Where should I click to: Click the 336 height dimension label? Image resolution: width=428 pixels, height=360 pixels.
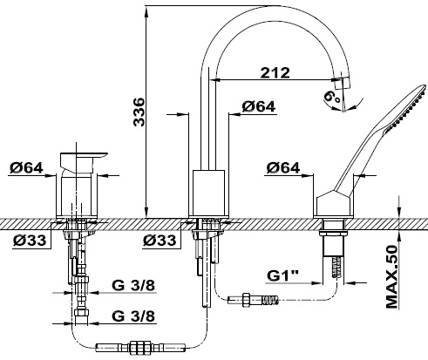(x=139, y=112)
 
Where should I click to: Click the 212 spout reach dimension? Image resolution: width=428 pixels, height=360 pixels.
(x=275, y=72)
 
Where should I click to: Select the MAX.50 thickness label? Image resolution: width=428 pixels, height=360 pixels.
(x=391, y=277)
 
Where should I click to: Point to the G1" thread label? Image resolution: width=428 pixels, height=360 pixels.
(x=283, y=275)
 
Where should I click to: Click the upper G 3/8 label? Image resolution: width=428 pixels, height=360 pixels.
(x=133, y=286)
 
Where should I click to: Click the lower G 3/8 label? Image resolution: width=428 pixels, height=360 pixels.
(x=133, y=316)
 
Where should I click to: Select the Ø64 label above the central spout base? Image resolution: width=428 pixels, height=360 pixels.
(x=258, y=106)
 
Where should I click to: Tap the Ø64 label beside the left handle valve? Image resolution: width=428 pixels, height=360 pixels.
(x=26, y=167)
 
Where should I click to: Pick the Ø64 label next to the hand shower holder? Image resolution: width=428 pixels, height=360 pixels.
(x=283, y=167)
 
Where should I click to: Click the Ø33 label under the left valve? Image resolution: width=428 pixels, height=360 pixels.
(x=30, y=240)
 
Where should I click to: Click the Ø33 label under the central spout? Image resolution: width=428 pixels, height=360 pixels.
(x=160, y=240)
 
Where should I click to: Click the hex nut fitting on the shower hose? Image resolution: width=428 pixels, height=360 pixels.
(x=246, y=300)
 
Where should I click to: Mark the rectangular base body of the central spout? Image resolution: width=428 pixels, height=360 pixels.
(x=209, y=193)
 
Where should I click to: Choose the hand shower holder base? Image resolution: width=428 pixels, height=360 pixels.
(x=333, y=204)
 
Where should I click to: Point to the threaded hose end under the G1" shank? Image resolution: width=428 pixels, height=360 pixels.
(x=337, y=267)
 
